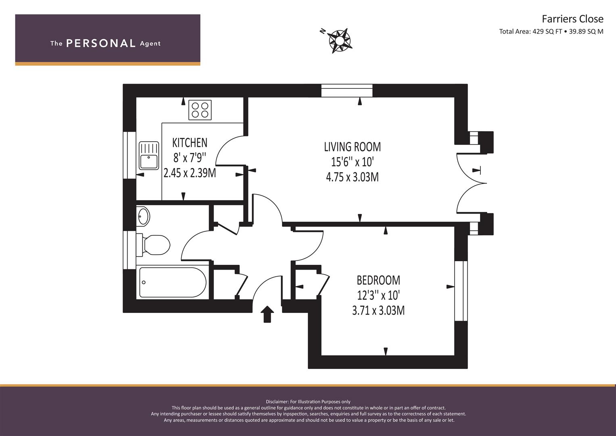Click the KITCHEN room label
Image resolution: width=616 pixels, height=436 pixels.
point(190,143)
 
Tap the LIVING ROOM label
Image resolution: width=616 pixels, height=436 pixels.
point(352,147)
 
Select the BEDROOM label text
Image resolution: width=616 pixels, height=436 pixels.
point(378,280)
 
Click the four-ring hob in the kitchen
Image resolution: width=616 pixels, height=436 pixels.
point(200,110)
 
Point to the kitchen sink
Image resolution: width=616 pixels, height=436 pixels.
point(149,155)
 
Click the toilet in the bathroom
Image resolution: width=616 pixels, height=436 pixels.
point(153,245)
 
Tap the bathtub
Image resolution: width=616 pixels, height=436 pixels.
point(173,283)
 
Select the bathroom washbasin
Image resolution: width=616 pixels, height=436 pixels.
point(143,216)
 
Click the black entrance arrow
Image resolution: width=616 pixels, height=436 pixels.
point(267,314)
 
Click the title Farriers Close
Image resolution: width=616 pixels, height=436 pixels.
point(572,19)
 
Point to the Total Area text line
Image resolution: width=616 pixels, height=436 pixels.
point(551,31)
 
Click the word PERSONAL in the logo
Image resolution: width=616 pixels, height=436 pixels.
point(101,43)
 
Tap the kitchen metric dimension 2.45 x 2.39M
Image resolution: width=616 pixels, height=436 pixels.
point(190,173)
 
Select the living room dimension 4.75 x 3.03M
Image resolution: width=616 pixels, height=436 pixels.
point(352,177)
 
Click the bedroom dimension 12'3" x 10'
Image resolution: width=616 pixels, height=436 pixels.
point(378,296)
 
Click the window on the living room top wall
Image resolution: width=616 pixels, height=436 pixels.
point(347,90)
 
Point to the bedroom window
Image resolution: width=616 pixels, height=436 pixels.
point(461,291)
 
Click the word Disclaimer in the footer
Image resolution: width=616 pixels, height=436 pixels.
point(277,402)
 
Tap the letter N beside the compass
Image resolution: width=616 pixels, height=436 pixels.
point(323,31)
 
